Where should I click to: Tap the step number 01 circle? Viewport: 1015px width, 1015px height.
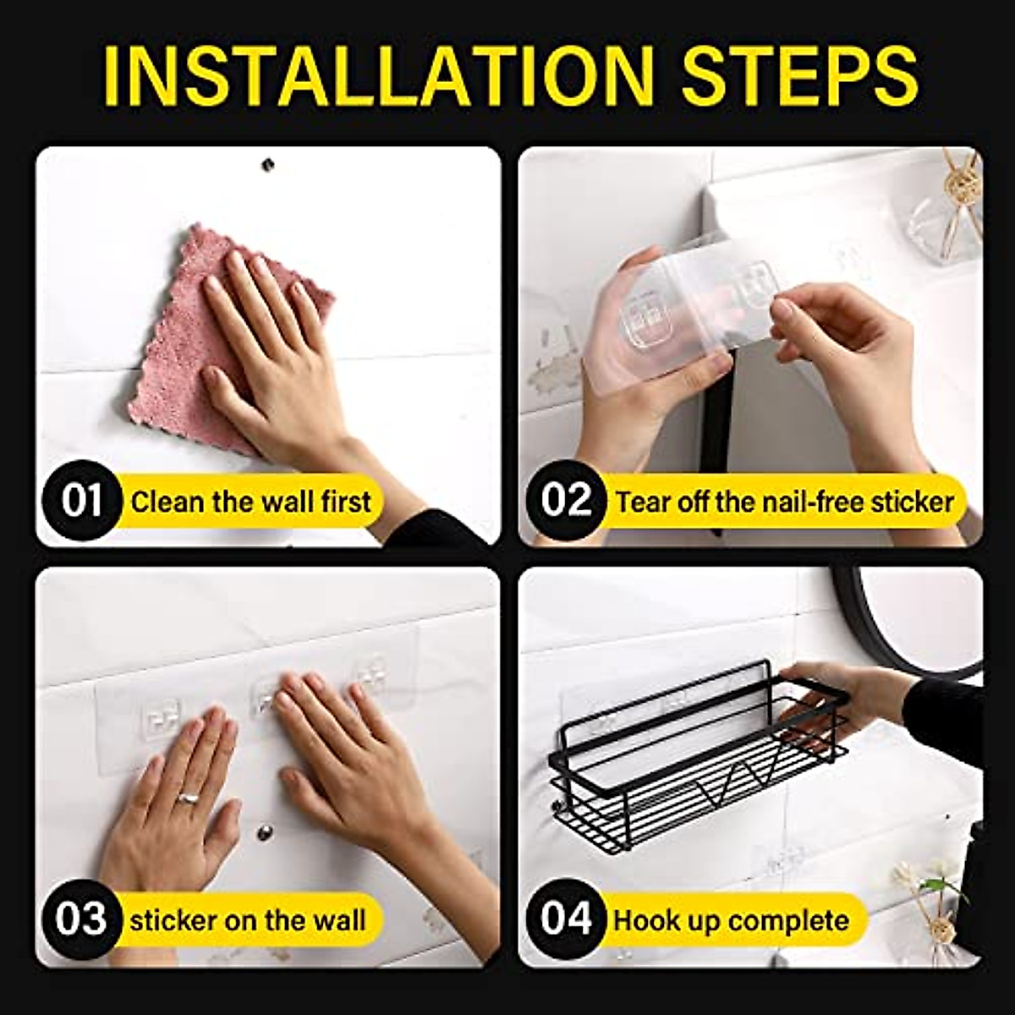pyautogui.click(x=81, y=501)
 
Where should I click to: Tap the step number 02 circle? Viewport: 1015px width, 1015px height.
pyautogui.click(x=565, y=501)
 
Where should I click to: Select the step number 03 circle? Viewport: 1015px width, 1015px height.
pyautogui.click(x=81, y=919)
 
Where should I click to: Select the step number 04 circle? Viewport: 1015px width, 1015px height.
pyautogui.click(x=565, y=919)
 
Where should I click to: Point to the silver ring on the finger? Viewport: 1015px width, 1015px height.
pyautogui.click(x=189, y=797)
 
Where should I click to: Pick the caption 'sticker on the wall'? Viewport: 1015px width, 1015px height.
pyautogui.click(x=248, y=920)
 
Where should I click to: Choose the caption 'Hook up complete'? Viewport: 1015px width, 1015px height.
pyautogui.click(x=731, y=920)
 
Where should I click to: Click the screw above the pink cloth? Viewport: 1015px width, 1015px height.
pyautogui.click(x=270, y=162)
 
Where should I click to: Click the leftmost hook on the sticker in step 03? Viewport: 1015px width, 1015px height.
pyautogui.click(x=161, y=719)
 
